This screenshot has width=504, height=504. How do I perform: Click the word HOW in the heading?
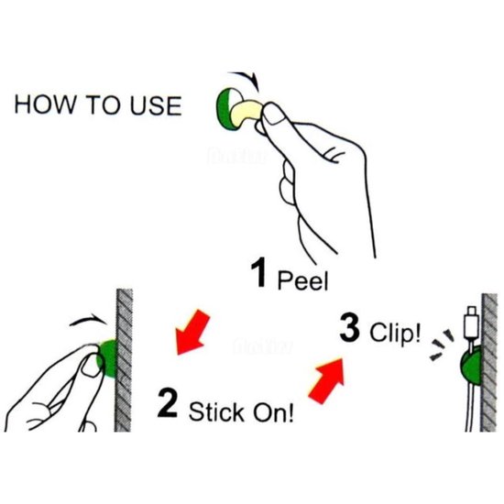(x=45, y=105)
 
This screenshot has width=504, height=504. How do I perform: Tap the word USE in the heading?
(x=156, y=105)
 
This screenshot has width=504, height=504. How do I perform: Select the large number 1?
(x=258, y=272)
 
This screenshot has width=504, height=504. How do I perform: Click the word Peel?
(x=302, y=280)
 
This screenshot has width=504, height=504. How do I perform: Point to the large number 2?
(x=167, y=403)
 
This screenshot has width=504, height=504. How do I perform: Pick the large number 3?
(x=349, y=327)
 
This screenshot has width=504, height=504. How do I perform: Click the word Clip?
(x=395, y=333)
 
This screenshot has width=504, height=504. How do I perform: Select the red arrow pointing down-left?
(x=192, y=333)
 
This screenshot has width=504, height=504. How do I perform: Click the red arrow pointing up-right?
(x=327, y=380)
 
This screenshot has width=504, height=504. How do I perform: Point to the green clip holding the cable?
(x=471, y=367)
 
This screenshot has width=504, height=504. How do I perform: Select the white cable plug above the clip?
(x=472, y=323)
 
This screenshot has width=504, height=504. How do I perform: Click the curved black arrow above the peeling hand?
(x=245, y=80)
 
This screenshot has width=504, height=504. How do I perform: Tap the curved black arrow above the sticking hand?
(x=89, y=319)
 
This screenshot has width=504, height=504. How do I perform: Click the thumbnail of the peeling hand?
(x=274, y=115)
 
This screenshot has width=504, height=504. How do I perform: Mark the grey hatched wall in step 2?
(x=124, y=360)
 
